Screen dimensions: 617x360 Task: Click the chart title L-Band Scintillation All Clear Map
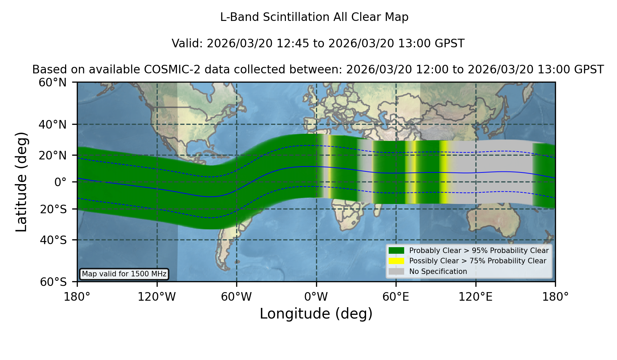314,17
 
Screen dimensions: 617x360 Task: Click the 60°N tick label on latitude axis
53,83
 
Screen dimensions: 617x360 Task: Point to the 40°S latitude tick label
53,240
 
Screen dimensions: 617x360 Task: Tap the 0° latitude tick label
61,182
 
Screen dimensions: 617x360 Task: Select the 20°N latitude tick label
53,155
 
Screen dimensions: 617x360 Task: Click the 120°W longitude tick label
157,297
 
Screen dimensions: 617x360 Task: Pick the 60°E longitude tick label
396,297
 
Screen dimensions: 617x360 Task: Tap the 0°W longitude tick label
316,297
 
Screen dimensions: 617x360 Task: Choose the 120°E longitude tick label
475,297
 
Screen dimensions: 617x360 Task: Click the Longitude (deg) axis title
316,314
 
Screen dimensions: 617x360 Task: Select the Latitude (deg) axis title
22,182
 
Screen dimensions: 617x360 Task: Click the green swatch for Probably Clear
396,251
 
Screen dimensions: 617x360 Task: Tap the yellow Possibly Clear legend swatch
396,261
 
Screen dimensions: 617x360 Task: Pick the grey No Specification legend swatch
396,272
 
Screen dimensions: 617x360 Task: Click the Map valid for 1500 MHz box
124,274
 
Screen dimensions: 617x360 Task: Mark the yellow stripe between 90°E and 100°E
444,172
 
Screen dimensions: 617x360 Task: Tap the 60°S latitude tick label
53,282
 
